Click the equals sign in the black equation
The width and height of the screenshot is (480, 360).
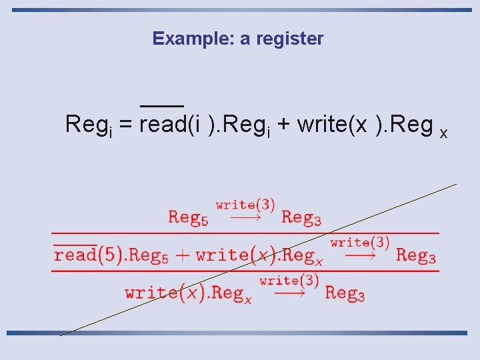click(125, 125)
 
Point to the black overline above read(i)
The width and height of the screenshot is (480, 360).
click(162, 106)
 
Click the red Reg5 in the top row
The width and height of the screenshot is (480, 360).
click(188, 217)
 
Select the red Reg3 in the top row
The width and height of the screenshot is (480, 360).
click(301, 217)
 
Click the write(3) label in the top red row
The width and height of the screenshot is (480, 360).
click(245, 205)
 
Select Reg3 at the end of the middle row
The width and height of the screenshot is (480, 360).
click(416, 255)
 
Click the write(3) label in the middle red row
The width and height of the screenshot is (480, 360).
click(359, 243)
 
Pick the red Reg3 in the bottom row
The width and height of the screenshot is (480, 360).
click(345, 293)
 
